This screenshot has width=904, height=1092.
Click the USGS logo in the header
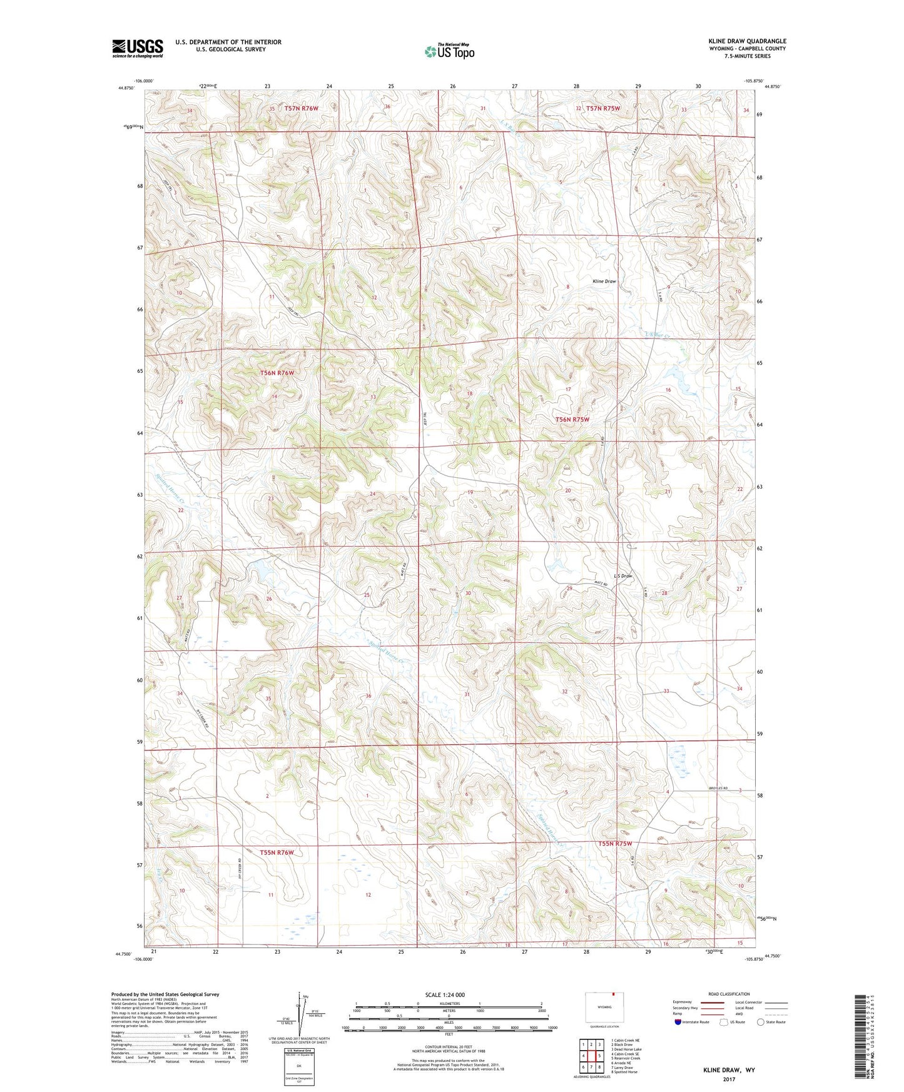(138, 48)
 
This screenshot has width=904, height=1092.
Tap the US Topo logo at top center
(449, 51)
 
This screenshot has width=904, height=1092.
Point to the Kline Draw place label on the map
(604, 281)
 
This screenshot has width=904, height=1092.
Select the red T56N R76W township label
(277, 373)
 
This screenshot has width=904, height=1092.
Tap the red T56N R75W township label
(572, 420)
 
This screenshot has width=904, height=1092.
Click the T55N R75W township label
(614, 844)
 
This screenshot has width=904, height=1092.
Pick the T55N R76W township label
(277, 852)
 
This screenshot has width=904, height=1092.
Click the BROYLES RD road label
(720, 789)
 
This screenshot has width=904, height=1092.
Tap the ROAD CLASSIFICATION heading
(729, 994)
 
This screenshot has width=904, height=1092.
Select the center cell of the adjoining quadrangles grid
(591, 1056)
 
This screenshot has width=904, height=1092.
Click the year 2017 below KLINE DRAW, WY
(729, 1079)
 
